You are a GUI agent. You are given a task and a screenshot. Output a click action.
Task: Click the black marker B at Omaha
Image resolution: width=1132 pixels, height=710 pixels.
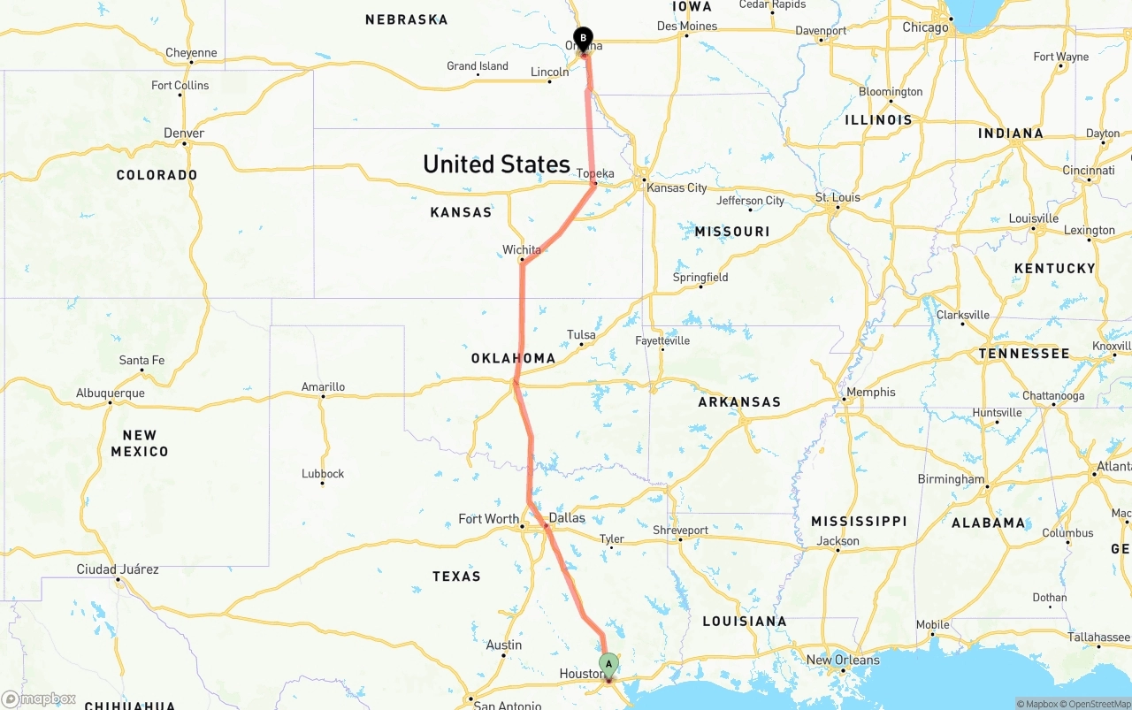click(x=583, y=38)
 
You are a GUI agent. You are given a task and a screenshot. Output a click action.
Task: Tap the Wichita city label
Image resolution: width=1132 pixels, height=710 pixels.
click(x=522, y=250)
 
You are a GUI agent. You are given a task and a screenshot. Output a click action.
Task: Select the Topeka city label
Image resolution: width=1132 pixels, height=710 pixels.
click(x=595, y=174)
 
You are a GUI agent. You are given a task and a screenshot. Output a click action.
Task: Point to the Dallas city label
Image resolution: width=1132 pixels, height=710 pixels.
click(x=567, y=517)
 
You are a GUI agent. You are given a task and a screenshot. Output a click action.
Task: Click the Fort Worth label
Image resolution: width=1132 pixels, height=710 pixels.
click(x=489, y=519)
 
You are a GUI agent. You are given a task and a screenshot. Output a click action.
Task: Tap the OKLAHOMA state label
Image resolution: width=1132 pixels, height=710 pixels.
click(x=513, y=358)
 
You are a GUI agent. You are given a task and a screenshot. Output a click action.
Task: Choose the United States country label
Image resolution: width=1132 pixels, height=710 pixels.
click(x=496, y=164)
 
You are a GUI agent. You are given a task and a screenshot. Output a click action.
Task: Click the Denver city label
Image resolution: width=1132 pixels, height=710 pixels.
click(x=184, y=134)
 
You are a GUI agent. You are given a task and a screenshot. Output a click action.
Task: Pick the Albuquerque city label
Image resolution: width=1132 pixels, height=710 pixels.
click(x=111, y=393)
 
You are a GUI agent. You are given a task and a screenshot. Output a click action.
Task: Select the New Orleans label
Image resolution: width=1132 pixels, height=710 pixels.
click(x=843, y=660)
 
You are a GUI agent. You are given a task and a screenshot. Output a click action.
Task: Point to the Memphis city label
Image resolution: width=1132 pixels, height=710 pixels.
click(x=871, y=393)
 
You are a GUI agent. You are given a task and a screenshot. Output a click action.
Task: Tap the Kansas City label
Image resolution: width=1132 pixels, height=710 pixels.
click(x=677, y=187)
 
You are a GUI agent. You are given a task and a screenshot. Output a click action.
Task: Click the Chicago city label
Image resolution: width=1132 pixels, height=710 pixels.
click(x=925, y=27)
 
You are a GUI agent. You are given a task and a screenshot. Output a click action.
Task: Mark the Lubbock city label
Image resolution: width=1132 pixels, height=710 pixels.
click(x=323, y=474)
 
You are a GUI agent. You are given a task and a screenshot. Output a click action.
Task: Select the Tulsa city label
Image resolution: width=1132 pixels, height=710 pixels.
click(x=581, y=335)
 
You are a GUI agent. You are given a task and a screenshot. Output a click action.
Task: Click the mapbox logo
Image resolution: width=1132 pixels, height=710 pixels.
click(x=39, y=699)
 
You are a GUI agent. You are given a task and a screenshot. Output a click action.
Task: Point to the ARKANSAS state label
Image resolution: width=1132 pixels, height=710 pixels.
click(x=739, y=401)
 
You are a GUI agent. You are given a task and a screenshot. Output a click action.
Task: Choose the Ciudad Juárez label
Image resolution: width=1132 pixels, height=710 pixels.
click(x=118, y=569)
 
